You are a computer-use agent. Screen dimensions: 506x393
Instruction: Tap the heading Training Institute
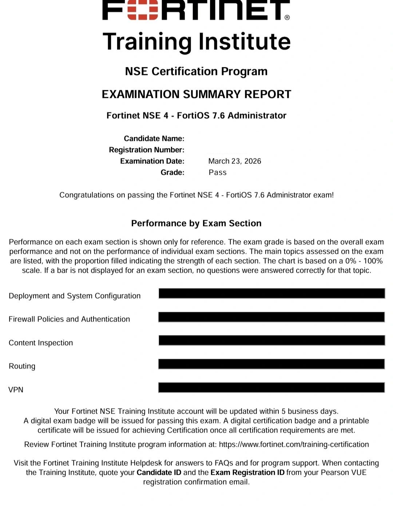pyautogui.click(x=196, y=41)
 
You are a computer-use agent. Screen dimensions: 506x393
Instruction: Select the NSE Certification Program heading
pyautogui.click(x=196, y=71)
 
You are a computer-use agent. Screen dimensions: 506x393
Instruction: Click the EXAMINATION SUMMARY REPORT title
pyautogui.click(x=196, y=94)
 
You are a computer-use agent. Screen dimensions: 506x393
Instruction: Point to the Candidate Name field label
pyautogui.click(x=154, y=139)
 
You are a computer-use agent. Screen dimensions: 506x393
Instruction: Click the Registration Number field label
pyautogui.click(x=147, y=150)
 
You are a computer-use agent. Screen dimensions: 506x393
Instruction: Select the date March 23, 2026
pyautogui.click(x=235, y=161)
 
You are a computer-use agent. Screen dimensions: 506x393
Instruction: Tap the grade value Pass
pyautogui.click(x=218, y=173)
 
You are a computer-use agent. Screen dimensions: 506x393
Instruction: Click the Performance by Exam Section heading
pyautogui.click(x=196, y=224)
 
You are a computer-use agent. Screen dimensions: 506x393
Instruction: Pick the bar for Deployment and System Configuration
pyautogui.click(x=271, y=293)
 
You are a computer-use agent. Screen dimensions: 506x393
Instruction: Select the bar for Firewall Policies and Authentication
pyautogui.click(x=271, y=317)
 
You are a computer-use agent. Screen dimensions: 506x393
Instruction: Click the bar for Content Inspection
pyautogui.click(x=271, y=340)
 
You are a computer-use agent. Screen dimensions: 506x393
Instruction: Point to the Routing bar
pyautogui.click(x=271, y=364)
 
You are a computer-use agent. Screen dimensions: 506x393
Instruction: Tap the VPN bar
pyautogui.click(x=271, y=387)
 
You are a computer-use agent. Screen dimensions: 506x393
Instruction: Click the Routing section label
pyautogui.click(x=22, y=366)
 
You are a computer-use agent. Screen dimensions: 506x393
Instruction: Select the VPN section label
pyautogui.click(x=16, y=390)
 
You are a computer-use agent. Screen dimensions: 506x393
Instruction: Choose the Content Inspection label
pyautogui.click(x=41, y=343)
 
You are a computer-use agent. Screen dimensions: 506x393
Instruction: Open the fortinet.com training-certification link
pyautogui.click(x=294, y=444)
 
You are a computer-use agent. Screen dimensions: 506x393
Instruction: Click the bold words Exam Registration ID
pyautogui.click(x=247, y=473)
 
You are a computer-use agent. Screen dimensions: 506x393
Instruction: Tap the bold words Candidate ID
pyautogui.click(x=159, y=473)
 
